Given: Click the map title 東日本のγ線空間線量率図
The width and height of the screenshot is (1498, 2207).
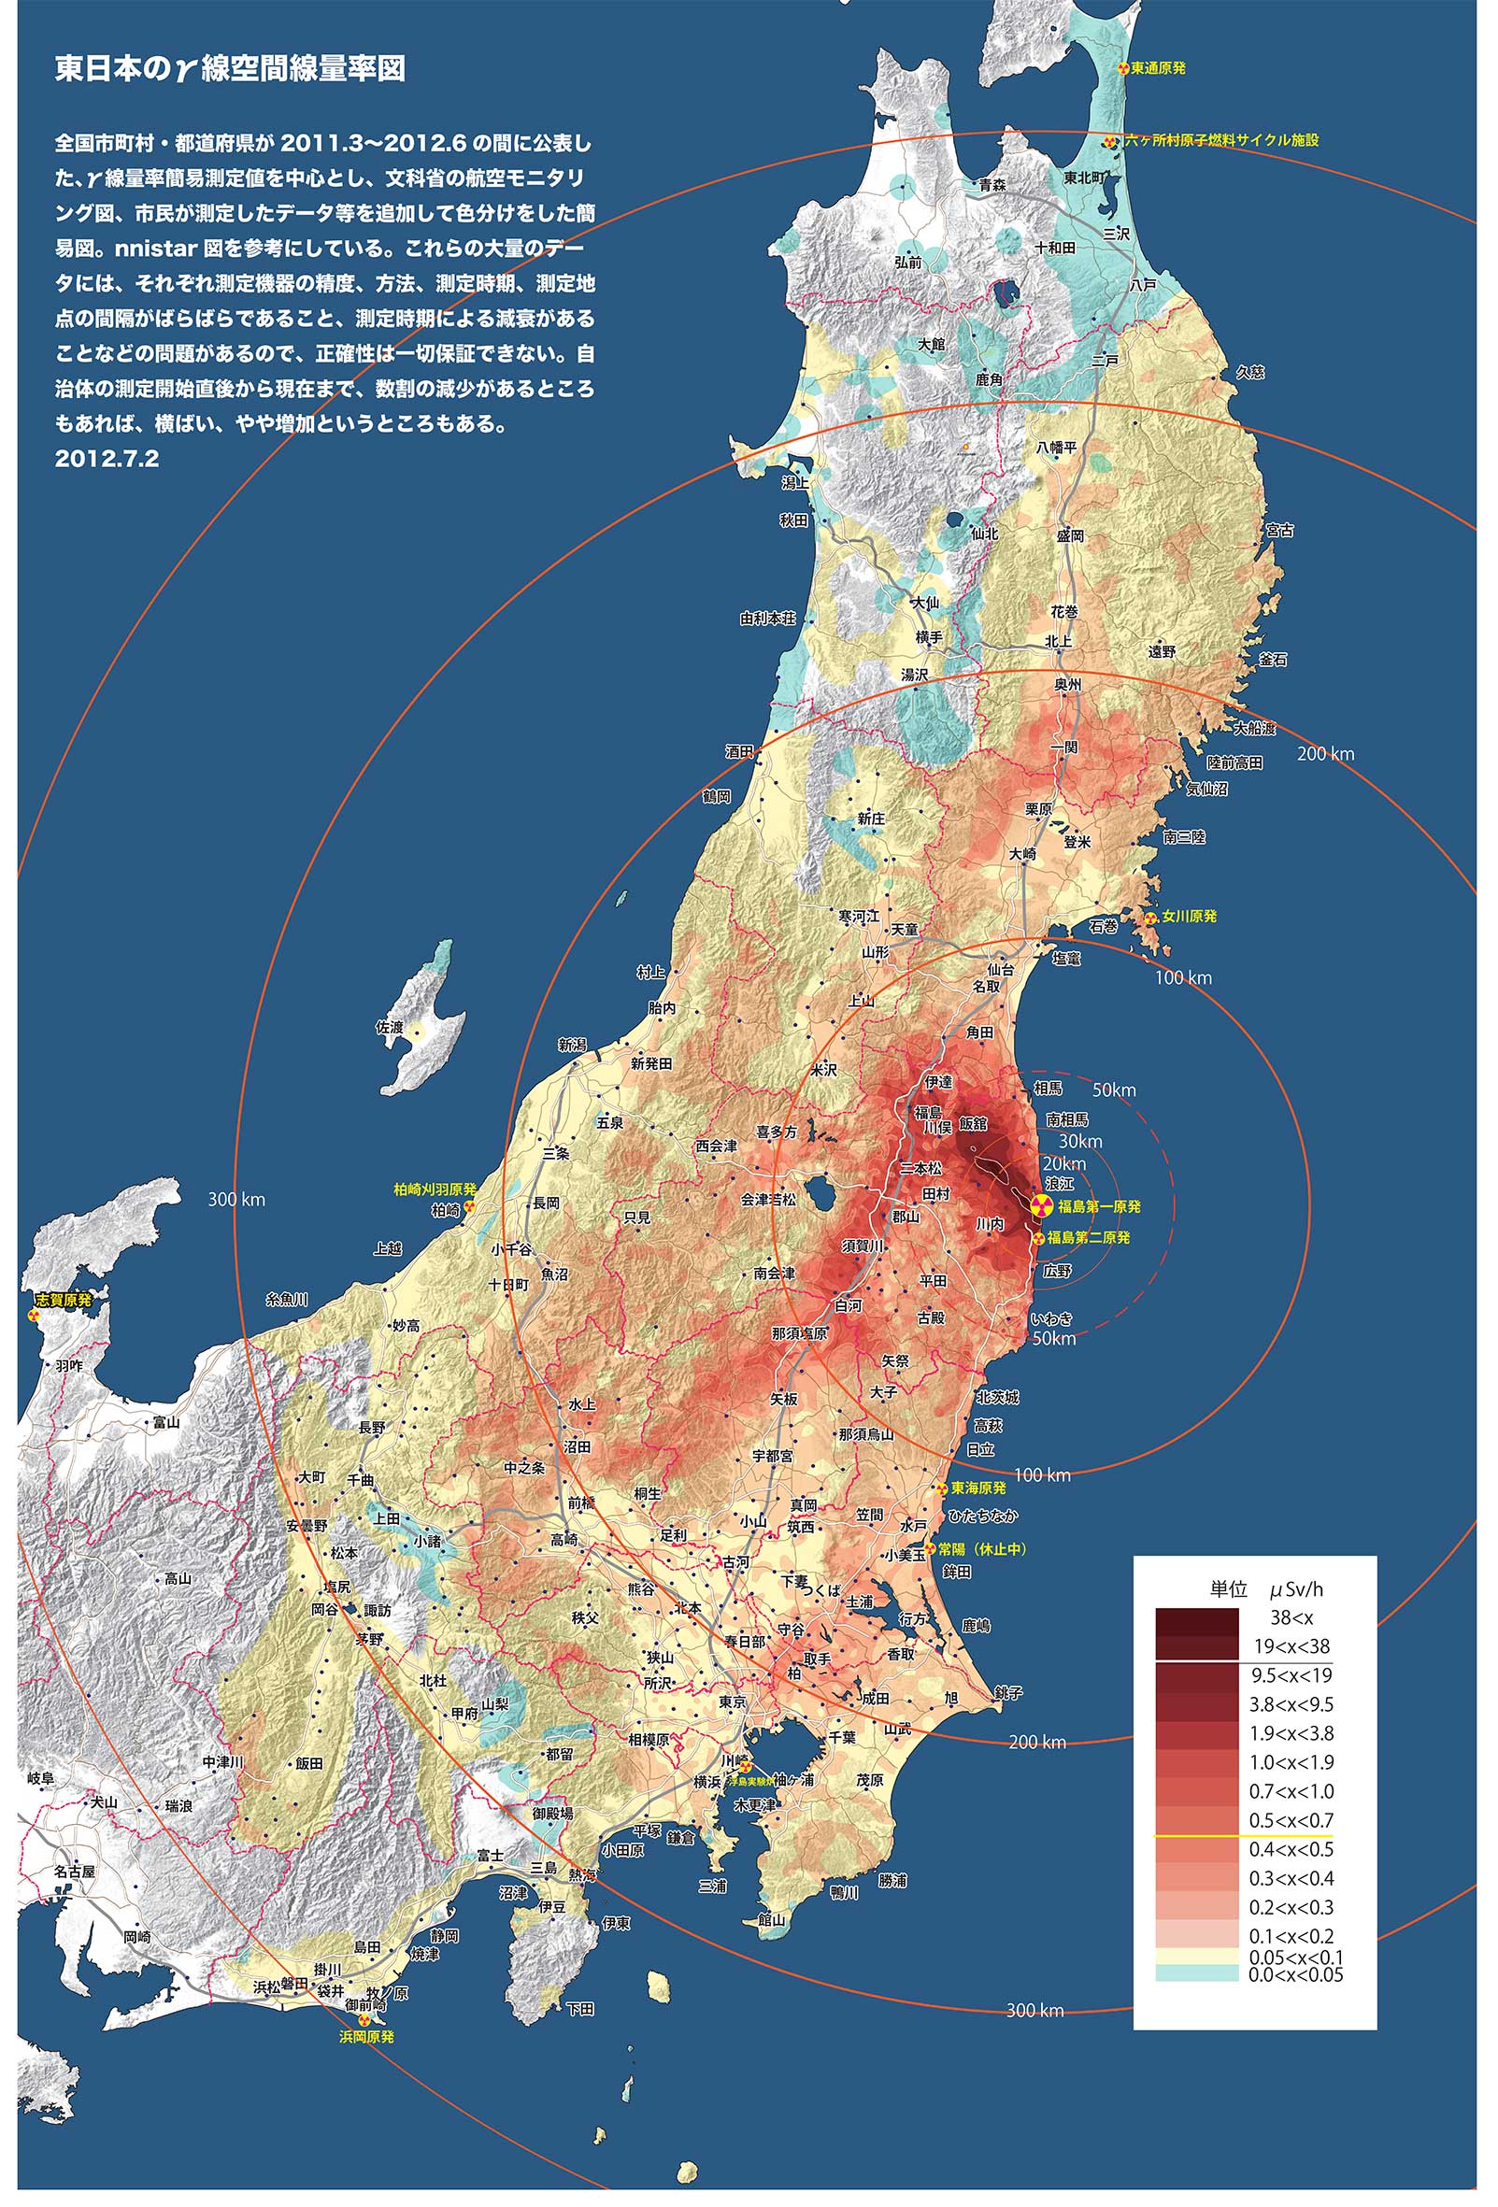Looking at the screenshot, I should coord(230,69).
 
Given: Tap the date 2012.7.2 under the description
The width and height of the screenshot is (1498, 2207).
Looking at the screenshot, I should coord(107,459).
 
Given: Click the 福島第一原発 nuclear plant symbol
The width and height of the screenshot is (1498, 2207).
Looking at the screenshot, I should coord(1041,1207).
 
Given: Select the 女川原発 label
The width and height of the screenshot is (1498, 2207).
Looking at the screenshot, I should coord(1189,917).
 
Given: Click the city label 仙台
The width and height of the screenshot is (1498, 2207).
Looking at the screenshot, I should coord(1000,970).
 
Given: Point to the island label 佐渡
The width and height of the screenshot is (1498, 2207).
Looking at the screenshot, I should coord(390,1027).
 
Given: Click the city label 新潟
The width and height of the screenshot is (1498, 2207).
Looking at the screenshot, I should coord(572,1045).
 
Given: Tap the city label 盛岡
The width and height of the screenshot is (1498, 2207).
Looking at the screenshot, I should coord(1070,536).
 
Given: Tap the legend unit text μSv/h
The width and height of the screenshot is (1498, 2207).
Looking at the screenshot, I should coord(1297,1588).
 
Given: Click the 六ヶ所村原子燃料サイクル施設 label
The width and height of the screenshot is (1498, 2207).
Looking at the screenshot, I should coord(1220,139).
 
